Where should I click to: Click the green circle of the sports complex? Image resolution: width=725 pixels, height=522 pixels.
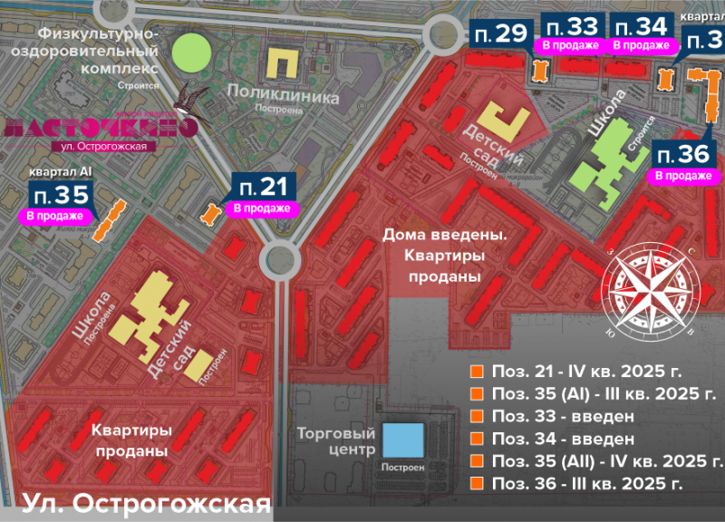tap(192, 52)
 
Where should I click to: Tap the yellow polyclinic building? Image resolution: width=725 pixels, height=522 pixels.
tap(285, 64)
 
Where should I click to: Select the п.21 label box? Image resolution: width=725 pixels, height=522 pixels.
tap(264, 188)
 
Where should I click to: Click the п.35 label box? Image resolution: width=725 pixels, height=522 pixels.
tap(62, 194)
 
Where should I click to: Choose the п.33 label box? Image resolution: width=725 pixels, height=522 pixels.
tap(571, 26)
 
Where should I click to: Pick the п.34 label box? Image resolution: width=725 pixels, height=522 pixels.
tap(641, 26)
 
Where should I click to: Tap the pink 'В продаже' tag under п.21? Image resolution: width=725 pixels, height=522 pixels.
tap(263, 208)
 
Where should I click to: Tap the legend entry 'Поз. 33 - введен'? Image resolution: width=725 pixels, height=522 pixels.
tap(562, 416)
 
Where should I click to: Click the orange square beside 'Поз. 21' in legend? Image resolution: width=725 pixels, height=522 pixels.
tap(475, 372)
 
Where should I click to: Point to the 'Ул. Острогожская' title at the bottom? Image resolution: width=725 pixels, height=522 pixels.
tap(145, 503)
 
